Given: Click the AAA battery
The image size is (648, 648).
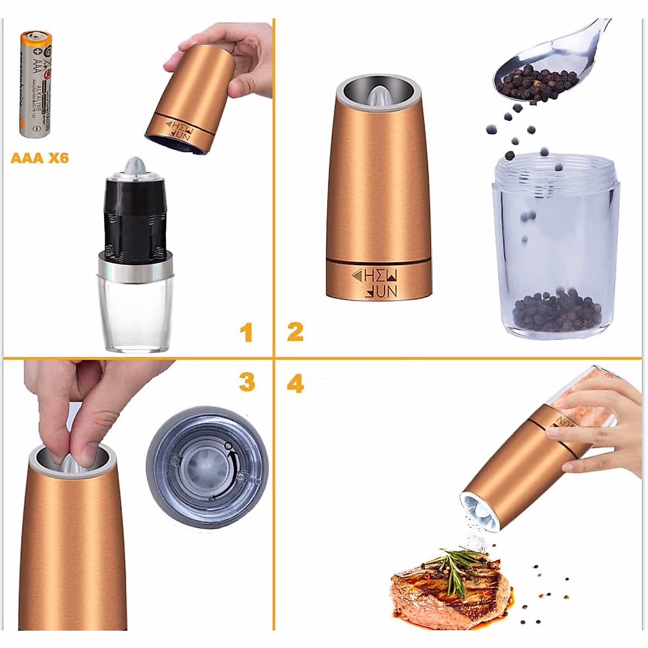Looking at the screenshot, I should [36, 86].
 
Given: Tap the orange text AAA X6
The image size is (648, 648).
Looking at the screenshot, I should [40, 158].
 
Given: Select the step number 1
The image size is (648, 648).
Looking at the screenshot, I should [246, 333].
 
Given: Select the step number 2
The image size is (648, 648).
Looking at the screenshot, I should [295, 332].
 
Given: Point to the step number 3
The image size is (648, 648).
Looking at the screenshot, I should [247, 382].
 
